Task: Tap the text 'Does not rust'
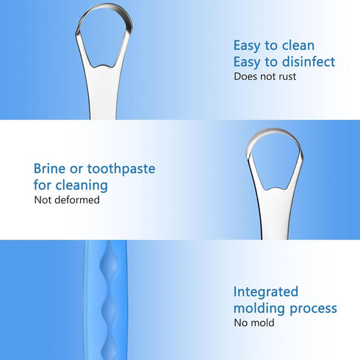264,76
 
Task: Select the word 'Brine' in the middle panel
51,169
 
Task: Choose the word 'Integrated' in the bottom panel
265,292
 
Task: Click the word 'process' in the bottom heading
314,309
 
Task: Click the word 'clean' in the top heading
297,45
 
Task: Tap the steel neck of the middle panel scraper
271,217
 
